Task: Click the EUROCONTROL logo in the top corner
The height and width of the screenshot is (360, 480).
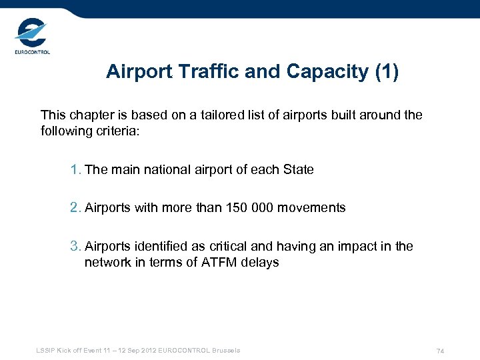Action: tap(32, 37)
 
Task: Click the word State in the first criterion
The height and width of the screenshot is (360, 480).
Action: tap(298, 169)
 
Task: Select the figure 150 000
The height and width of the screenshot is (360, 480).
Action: tap(252, 207)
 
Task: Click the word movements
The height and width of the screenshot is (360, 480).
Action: tap(313, 207)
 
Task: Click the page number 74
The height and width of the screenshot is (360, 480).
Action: tap(440, 351)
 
